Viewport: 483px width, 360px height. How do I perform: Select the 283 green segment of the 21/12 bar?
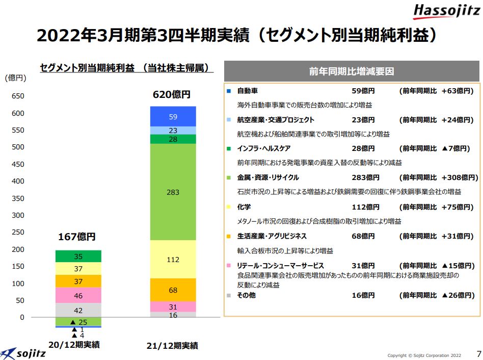point(173,192)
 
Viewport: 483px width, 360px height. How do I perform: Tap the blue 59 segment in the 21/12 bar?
point(173,117)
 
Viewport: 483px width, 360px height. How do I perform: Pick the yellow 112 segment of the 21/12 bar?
point(173,259)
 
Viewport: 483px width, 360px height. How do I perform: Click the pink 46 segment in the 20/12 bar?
point(78,295)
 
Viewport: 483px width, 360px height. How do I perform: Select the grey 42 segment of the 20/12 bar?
point(78,310)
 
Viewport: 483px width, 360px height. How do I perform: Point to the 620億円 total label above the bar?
point(172,95)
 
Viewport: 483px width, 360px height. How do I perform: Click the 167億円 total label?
point(76,237)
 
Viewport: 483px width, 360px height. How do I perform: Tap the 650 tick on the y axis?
point(18,96)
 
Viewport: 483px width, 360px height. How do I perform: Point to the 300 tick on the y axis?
point(18,215)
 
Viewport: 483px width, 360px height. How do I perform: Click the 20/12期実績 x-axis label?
point(74,344)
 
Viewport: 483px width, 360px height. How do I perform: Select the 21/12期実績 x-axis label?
point(172,346)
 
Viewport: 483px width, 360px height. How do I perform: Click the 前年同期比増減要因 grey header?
point(352,72)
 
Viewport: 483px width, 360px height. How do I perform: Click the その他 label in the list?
point(246,295)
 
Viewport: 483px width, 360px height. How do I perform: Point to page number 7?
point(478,353)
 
